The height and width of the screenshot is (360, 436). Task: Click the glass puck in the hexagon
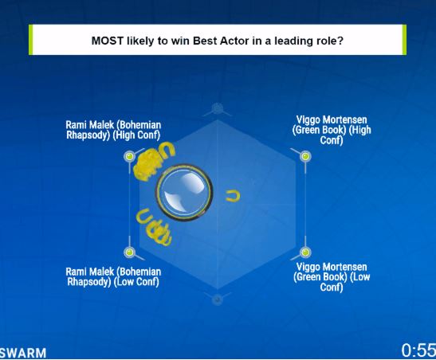point(184,193)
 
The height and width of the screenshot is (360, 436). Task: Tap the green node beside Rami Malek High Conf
point(129,156)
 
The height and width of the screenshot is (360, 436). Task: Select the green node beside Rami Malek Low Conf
point(129,252)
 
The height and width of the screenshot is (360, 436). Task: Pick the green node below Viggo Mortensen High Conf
point(305,156)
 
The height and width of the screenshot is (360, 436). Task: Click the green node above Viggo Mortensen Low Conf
point(305,252)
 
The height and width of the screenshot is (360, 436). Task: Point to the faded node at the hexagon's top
point(217,108)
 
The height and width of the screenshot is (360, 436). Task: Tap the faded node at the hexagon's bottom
point(217,299)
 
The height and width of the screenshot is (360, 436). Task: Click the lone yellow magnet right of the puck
point(233,196)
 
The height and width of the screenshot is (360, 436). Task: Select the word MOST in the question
point(108,41)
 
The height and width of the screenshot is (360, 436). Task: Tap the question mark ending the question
point(340,41)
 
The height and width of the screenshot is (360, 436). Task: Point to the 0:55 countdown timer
point(418,350)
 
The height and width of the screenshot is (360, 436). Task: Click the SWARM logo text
point(23,353)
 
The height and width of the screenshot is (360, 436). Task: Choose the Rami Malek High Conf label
point(113,130)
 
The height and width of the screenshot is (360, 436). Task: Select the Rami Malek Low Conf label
point(113,276)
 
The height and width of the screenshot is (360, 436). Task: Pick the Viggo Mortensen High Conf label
point(332,130)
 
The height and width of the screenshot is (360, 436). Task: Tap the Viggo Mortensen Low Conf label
point(332,276)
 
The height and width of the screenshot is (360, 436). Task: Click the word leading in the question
point(291,41)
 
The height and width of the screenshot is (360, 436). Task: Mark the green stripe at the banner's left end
point(30,40)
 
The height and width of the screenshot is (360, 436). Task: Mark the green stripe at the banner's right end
point(404,40)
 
